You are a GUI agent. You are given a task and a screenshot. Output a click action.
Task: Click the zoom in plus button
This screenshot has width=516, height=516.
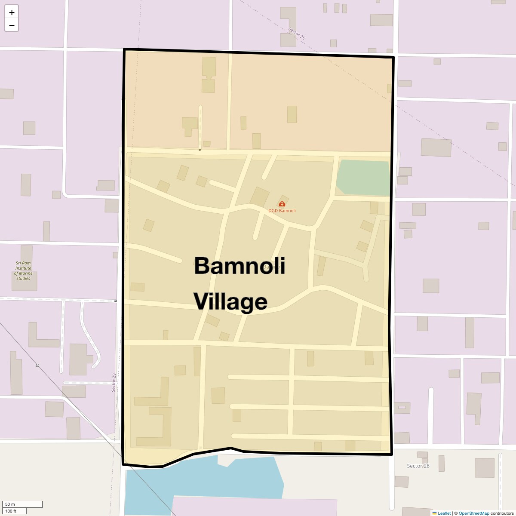coord(12,12)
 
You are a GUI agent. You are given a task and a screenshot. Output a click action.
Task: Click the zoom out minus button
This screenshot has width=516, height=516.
coord(12,25)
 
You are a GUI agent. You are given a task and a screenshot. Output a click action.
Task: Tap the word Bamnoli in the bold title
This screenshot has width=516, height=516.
coord(239,265)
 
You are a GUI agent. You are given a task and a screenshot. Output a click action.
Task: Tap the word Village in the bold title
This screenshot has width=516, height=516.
coord(230,301)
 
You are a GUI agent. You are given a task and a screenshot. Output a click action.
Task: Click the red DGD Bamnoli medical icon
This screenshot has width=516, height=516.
coord(282,204)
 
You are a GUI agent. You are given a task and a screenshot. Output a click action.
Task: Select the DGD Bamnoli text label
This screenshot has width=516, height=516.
coord(282,211)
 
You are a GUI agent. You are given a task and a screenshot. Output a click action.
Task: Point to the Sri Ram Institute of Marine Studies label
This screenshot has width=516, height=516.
coord(24,270)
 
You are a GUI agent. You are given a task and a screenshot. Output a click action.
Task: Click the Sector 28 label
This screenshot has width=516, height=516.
coord(418,466)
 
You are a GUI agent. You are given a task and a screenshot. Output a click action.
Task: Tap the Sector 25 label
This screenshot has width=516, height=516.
coord(297,34)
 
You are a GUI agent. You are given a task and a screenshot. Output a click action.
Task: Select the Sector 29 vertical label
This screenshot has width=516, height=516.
coord(114,382)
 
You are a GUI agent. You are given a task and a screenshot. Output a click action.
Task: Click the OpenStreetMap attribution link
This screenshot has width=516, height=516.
coord(474,513)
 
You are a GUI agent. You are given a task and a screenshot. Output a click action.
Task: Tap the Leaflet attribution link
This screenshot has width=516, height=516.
coord(444,513)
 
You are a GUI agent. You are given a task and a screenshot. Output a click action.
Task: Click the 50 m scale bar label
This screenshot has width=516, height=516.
coord(10,504)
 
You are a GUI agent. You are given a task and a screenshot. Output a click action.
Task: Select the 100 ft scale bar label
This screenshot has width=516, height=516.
coord(11,511)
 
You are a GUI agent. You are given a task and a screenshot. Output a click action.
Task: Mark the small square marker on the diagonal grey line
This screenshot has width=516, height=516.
coord(38,365)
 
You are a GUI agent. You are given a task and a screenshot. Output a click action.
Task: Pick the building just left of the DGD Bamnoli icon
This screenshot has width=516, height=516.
coord(259,197)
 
